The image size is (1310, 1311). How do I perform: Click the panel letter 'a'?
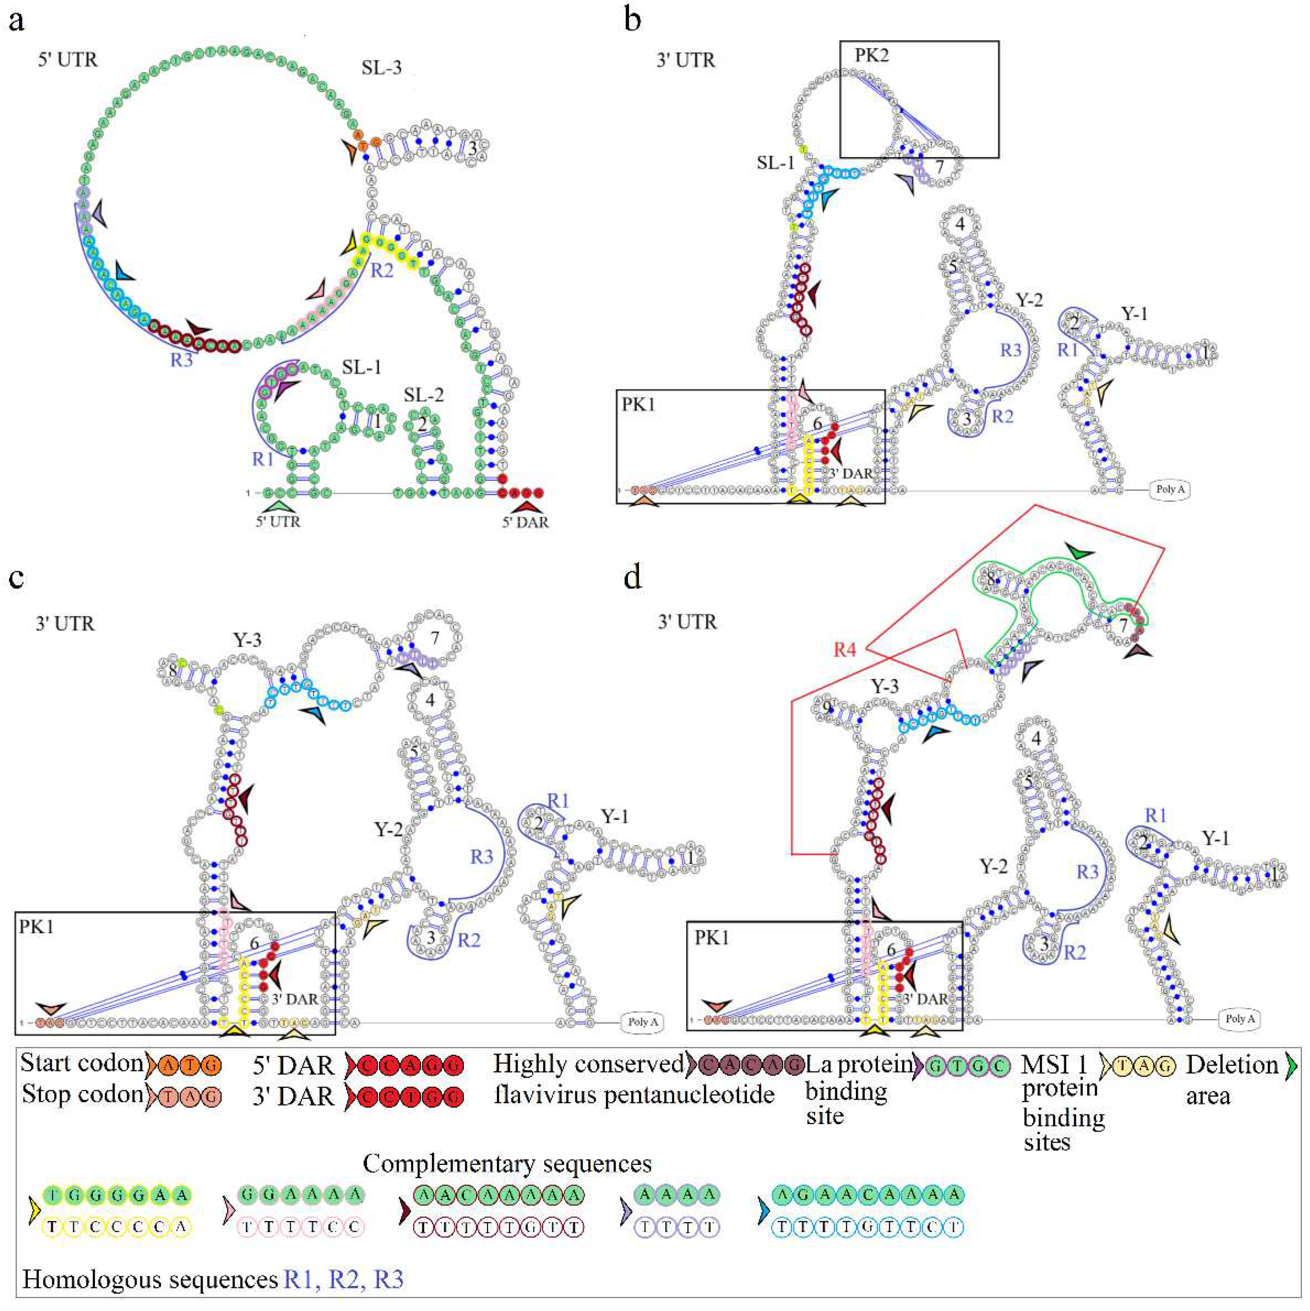tap(16, 22)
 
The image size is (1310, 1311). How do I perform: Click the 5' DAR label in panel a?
tap(525, 522)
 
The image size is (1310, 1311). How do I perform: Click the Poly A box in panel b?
tap(1171, 489)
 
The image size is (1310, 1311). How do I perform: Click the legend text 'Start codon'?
tap(82, 1063)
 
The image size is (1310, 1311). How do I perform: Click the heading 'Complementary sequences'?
tap(507, 1163)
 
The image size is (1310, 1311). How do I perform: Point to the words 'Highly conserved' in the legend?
tap(588, 1063)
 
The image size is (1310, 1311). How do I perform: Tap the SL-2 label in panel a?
tap(423, 395)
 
